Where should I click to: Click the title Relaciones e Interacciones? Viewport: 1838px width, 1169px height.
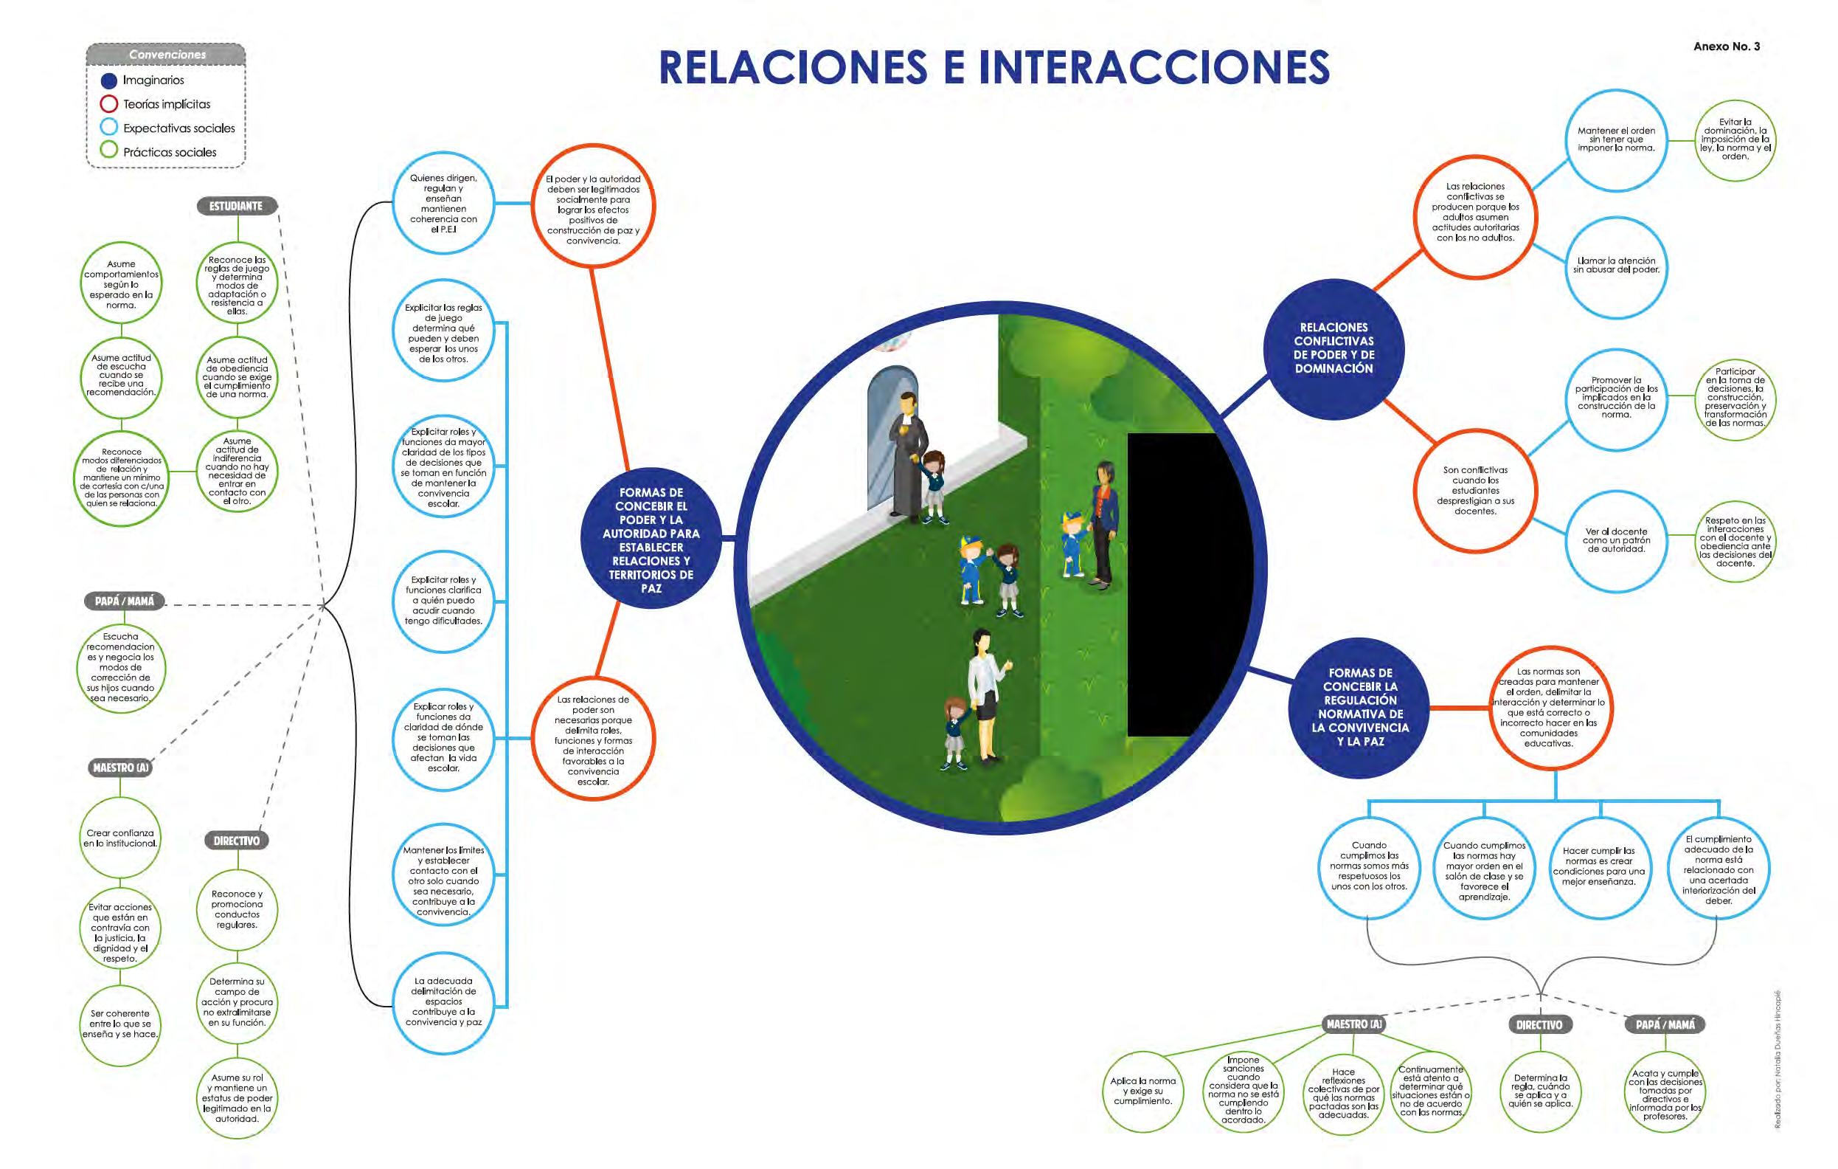[993, 67]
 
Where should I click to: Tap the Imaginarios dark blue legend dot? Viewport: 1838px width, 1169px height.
[109, 80]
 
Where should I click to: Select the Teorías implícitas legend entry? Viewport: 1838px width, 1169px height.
[166, 104]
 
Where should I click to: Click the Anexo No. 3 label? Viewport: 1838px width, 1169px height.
[1726, 46]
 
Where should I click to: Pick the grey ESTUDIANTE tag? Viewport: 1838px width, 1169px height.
[236, 206]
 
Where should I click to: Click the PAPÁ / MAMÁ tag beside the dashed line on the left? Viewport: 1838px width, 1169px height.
[125, 601]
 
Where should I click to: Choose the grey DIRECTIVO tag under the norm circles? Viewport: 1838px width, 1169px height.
[1539, 1024]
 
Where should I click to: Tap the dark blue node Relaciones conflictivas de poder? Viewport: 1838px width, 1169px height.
[1334, 348]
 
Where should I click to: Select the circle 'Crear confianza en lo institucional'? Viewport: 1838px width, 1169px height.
[121, 838]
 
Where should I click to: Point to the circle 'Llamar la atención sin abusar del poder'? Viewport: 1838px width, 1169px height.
[1616, 266]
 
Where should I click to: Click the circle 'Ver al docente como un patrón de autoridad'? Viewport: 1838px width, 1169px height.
[1616, 541]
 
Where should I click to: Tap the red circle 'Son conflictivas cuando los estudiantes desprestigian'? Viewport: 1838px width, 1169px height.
[1474, 490]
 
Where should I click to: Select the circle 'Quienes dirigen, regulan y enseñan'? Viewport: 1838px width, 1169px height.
[443, 203]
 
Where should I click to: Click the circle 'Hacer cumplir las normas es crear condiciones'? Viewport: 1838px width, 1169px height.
[1598, 866]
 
